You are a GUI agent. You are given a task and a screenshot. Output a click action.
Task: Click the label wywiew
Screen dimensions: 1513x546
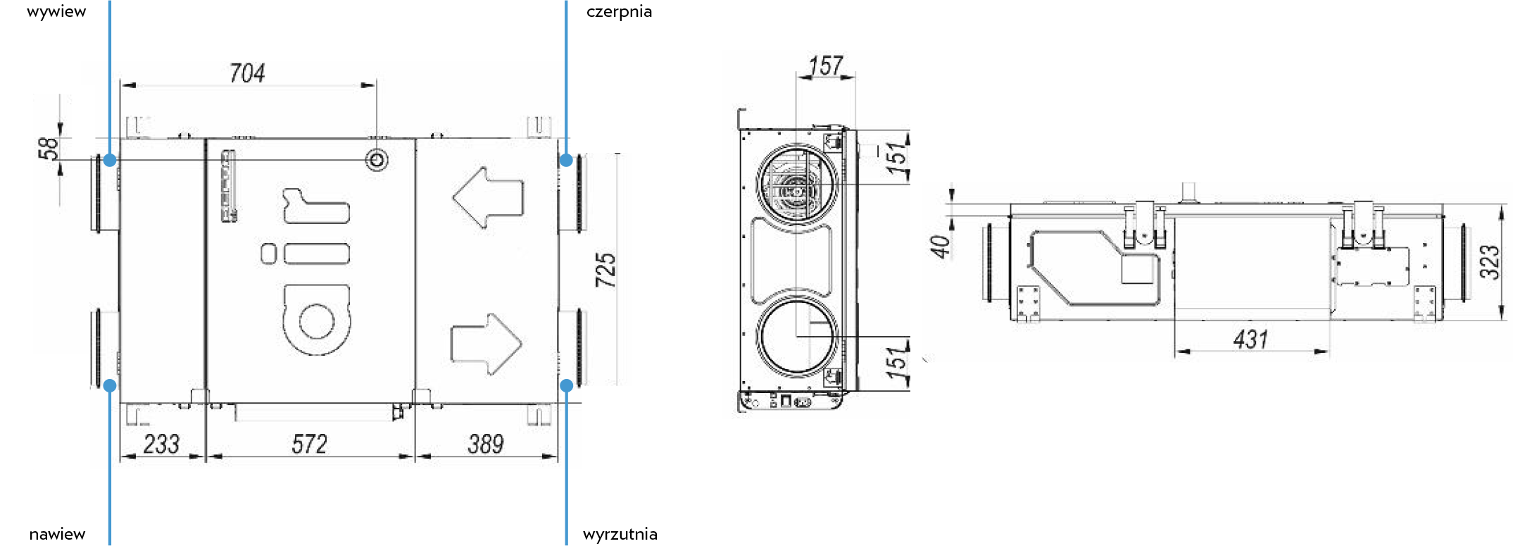point(56,12)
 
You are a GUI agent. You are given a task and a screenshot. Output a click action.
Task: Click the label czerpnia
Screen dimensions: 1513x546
point(619,12)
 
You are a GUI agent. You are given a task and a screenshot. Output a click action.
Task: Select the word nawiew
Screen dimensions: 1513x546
point(57,534)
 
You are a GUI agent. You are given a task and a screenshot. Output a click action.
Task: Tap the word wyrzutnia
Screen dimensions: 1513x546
point(620,534)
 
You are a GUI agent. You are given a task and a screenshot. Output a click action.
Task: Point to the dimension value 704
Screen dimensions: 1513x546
point(247,73)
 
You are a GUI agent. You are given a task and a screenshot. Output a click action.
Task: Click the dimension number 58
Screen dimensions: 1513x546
point(48,149)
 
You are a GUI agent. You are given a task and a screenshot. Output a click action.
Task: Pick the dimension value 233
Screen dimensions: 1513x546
point(162,444)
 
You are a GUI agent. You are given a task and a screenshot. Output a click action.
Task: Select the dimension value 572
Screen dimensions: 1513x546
point(310,444)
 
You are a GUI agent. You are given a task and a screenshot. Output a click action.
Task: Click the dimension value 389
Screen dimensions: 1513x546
point(486,444)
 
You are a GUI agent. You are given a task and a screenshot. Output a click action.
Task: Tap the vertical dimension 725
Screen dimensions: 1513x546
point(605,270)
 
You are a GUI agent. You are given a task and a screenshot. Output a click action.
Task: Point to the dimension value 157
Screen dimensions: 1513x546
point(826,66)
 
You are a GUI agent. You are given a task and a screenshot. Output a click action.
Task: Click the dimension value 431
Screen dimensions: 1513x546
point(1250,339)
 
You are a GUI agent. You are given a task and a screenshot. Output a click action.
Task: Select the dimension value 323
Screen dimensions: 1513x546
point(1489,262)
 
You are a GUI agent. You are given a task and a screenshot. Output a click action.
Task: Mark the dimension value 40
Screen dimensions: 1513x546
point(940,246)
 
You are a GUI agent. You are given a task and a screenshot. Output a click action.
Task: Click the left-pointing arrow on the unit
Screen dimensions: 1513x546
point(488,197)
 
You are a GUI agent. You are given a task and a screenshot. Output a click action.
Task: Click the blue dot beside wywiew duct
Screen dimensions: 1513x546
point(110,161)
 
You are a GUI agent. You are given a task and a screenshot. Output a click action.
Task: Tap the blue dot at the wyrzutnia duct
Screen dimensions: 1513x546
point(567,385)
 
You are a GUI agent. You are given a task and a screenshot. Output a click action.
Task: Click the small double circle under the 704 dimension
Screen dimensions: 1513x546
point(377,160)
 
